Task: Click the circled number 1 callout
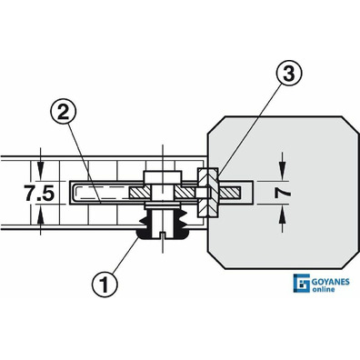(x=105, y=285)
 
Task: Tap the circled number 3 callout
(x=289, y=74)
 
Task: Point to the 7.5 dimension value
(x=40, y=194)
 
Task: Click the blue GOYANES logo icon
(x=301, y=283)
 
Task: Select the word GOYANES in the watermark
(x=331, y=282)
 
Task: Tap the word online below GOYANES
(x=324, y=289)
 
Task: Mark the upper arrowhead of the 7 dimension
(x=283, y=174)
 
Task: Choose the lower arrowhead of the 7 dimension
(x=283, y=212)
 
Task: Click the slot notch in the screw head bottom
(x=163, y=235)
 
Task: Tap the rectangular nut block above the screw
(x=163, y=177)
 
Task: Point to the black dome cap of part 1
(x=163, y=234)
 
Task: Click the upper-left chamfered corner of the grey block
(x=215, y=124)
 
